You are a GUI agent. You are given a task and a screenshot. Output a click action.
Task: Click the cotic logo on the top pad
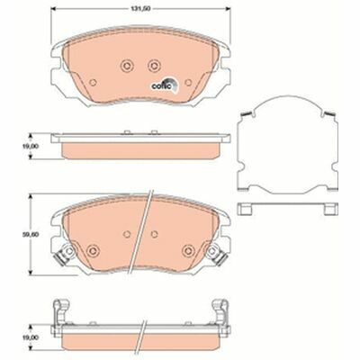pyautogui.click(x=165, y=84)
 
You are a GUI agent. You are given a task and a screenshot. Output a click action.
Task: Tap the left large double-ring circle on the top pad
pyautogui.click(x=126, y=66)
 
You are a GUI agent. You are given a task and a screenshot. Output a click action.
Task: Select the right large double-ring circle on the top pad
pyautogui.click(x=154, y=66)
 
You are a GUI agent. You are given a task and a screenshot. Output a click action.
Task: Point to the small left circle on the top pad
pyautogui.click(x=94, y=82)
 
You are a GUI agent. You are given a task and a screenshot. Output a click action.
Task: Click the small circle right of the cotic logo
pyautogui.click(x=188, y=82)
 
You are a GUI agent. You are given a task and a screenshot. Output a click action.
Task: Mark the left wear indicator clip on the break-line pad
pyautogui.click(x=64, y=254)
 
